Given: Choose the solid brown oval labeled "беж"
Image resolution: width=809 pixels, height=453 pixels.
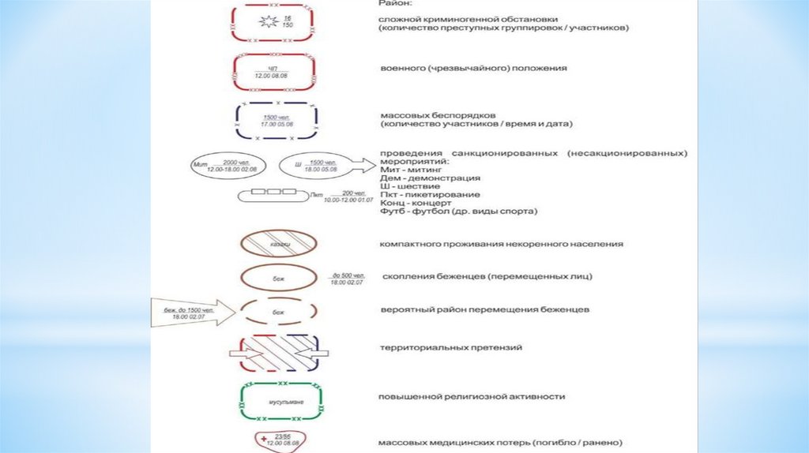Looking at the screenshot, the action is [277, 278].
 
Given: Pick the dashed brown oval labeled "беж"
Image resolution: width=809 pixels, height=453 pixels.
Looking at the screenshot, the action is [277, 311].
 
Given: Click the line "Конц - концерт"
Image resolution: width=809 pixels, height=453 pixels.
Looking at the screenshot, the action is [408, 203].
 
